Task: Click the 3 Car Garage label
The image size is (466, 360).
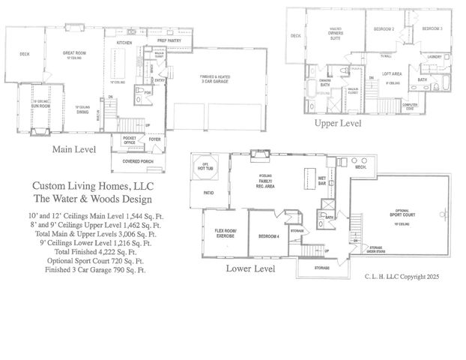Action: [x=214, y=79]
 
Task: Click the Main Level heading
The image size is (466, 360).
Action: [x=73, y=150]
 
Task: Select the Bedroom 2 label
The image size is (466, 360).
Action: [x=384, y=28]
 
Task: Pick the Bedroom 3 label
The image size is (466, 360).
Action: [x=432, y=28]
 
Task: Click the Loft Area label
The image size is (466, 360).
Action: [x=393, y=73]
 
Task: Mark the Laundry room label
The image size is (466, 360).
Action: [x=435, y=56]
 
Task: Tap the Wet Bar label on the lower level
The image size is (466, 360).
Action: [x=321, y=180]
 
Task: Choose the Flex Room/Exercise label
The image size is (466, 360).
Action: [x=225, y=233]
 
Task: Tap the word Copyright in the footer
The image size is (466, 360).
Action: [x=411, y=277]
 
